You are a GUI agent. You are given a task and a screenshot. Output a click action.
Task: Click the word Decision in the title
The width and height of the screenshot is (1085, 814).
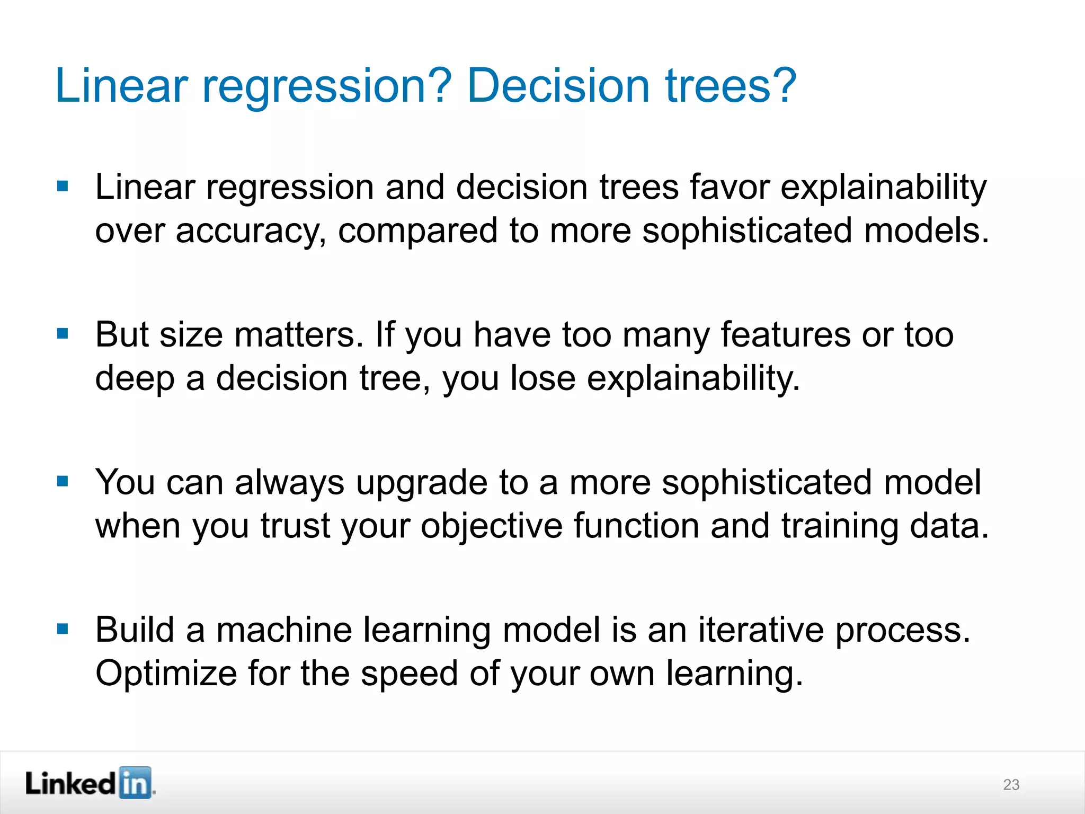click(x=558, y=86)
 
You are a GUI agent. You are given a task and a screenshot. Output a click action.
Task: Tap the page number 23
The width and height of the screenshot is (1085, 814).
click(x=1011, y=785)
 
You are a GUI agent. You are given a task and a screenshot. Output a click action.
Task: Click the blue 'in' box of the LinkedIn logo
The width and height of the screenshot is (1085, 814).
click(x=135, y=783)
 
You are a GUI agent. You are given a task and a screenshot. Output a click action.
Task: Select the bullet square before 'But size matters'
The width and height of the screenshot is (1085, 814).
click(x=63, y=334)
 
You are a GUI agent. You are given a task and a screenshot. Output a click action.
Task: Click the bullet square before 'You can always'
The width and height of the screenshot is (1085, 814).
click(x=63, y=481)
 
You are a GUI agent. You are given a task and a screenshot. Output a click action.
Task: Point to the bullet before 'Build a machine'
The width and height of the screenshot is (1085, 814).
click(x=63, y=629)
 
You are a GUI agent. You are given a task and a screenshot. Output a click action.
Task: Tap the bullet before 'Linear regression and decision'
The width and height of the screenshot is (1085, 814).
click(x=63, y=186)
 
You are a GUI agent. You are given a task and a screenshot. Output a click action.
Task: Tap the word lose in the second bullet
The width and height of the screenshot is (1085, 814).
click(x=542, y=379)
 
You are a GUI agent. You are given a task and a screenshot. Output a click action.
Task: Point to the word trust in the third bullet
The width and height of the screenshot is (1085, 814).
click(x=295, y=527)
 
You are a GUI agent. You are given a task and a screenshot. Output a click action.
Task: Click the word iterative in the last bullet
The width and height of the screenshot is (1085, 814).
click(x=761, y=631)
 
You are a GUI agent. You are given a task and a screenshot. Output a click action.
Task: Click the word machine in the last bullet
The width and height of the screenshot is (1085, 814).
click(x=284, y=631)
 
